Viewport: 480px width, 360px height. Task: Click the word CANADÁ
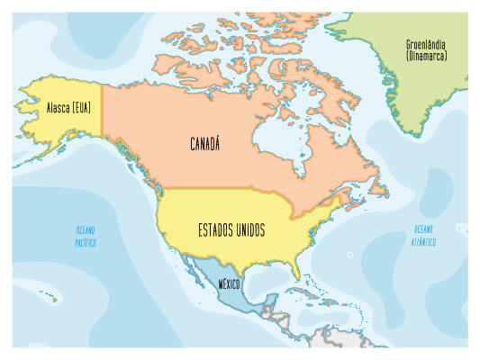pos(206,144)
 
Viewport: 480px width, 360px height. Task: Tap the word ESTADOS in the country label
pos(217,231)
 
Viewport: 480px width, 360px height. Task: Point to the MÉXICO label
pos(229,285)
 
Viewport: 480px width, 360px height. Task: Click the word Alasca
pos(59,108)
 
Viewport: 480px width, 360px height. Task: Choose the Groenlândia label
pos(426,44)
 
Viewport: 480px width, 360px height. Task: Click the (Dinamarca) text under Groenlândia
pos(426,56)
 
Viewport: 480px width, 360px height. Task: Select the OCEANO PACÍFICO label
pos(86,237)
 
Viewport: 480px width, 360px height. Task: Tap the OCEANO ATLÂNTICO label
pos(424,236)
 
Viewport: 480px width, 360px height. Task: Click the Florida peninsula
pos(296,268)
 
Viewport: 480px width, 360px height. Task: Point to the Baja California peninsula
pos(190,269)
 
